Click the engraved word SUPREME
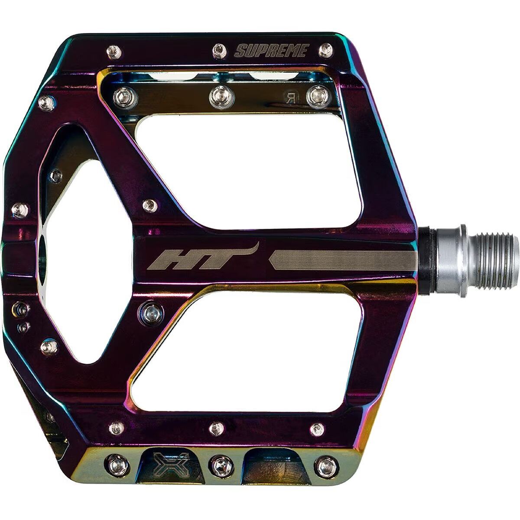point(271,51)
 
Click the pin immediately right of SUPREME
point(325,50)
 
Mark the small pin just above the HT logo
point(150,205)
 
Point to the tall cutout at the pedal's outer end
point(82,256)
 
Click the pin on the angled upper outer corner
point(46,104)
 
